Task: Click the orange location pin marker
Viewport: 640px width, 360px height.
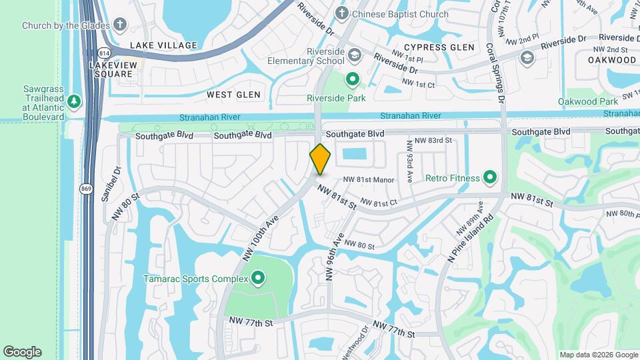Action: pyautogui.click(x=321, y=159)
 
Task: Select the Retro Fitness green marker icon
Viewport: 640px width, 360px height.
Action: pyautogui.click(x=490, y=177)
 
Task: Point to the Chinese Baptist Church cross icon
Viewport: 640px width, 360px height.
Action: pyautogui.click(x=342, y=13)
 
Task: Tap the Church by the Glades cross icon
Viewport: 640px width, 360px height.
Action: pyautogui.click(x=120, y=25)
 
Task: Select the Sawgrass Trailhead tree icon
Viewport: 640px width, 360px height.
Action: pyautogui.click(x=73, y=102)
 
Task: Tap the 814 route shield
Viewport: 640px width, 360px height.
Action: pyautogui.click(x=103, y=52)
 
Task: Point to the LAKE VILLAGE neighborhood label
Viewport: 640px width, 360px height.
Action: pyautogui.click(x=163, y=45)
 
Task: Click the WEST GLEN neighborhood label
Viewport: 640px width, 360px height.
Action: pyautogui.click(x=233, y=95)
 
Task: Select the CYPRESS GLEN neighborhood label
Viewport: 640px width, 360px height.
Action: pyautogui.click(x=439, y=47)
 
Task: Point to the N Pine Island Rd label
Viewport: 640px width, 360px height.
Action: pyautogui.click(x=471, y=238)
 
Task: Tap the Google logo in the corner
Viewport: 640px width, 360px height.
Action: pyautogui.click(x=22, y=352)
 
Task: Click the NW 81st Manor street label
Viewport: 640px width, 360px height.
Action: pyautogui.click(x=369, y=180)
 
